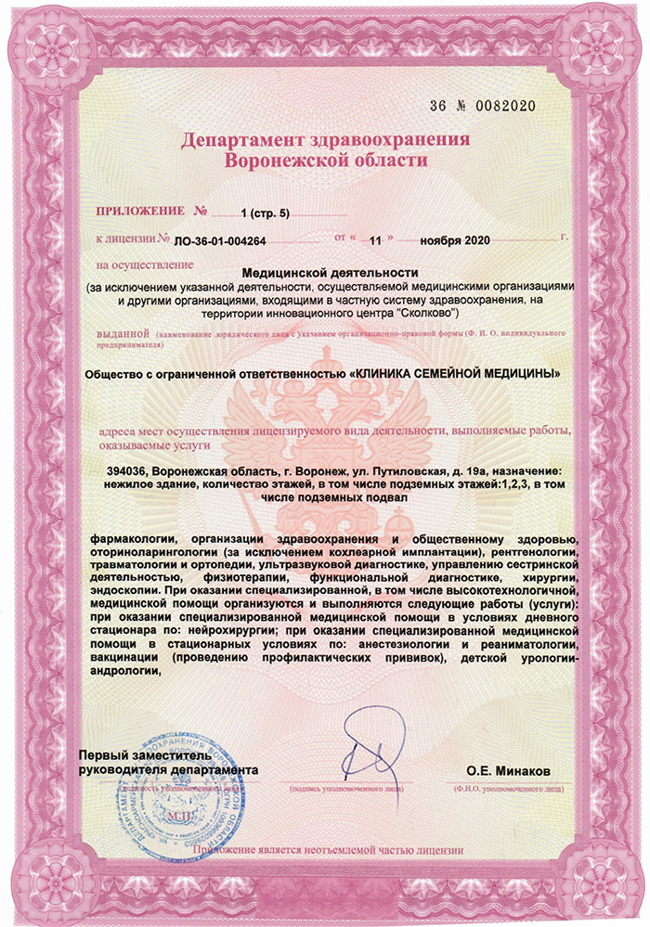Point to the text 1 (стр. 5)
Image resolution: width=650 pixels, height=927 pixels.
[x=266, y=213]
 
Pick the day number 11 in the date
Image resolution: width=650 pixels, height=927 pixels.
[x=375, y=239]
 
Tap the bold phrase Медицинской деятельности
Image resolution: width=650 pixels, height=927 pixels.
[x=330, y=272]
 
